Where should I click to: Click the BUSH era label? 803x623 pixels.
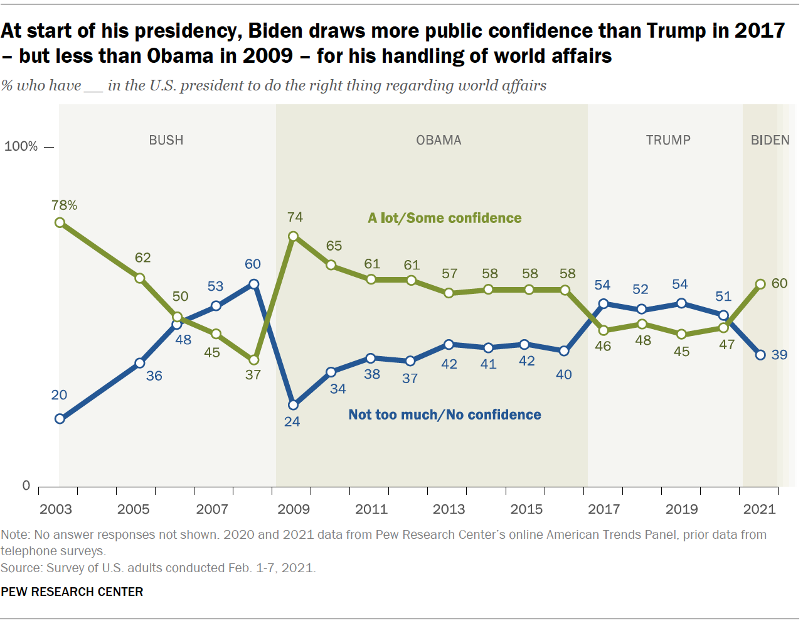click(166, 140)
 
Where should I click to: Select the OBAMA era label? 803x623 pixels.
click(439, 140)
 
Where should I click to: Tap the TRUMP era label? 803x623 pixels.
click(668, 140)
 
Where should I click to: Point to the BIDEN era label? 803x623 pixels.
click(770, 140)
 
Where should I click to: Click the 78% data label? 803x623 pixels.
click(65, 205)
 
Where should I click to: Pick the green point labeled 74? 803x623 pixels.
click(293, 237)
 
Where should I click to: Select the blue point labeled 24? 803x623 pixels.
click(293, 405)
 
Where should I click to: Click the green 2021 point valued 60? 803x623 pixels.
click(760, 284)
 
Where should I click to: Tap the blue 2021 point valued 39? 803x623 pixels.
click(760, 355)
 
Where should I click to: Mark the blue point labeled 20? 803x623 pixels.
click(60, 419)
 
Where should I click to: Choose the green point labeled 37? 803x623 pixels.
click(254, 360)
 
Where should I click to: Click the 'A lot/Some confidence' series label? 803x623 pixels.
click(445, 218)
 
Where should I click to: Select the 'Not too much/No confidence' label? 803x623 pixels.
click(445, 414)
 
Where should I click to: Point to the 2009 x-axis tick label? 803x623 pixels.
click(293, 509)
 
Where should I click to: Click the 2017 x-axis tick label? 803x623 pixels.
click(604, 509)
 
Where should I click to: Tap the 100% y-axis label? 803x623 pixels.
click(21, 146)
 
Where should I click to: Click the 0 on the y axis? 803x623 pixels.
click(26, 485)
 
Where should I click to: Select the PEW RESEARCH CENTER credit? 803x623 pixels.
click(72, 592)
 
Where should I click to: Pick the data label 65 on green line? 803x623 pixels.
click(334, 246)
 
